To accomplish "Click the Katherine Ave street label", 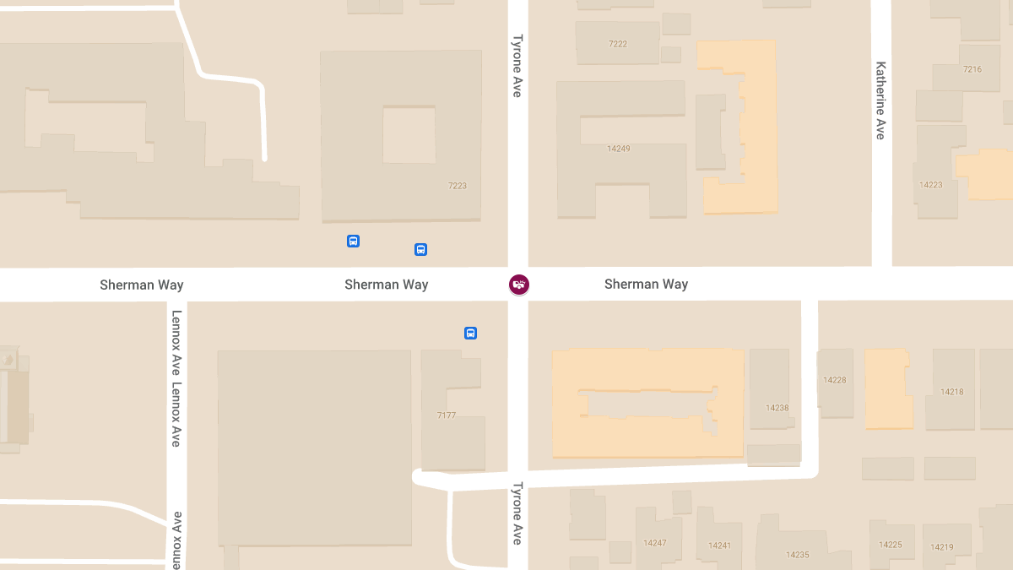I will coord(880,100).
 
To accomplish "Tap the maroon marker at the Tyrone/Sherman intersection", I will coord(518,285).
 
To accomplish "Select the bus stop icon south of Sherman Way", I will coord(470,333).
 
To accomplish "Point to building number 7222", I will coord(618,44).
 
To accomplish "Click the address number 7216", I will coord(972,69).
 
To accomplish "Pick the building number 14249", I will coord(619,149).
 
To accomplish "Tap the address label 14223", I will coord(931,185).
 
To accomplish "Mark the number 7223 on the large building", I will coord(458,186).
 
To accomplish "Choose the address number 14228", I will coord(834,380).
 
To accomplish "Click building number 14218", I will coord(952,392).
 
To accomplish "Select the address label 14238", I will coord(777,408).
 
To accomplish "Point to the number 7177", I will coord(447,415).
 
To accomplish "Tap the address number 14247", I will coord(655,543).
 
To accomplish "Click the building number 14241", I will coord(720,546).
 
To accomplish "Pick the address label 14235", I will coord(798,555).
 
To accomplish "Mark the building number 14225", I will coord(891,545).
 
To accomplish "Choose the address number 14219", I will coord(942,547).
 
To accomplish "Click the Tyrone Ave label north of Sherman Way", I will coord(517,65).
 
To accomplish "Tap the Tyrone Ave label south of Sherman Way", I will coord(517,513).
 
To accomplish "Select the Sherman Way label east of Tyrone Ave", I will coord(646,285).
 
